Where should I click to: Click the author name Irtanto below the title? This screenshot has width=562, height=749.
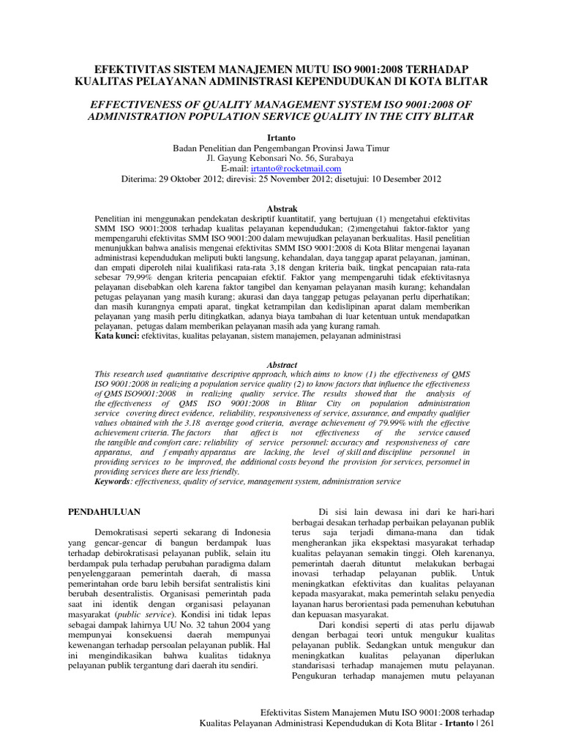click(281, 137)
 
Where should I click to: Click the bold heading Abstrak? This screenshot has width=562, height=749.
click(281, 208)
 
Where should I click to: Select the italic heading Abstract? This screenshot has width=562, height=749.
click(281, 364)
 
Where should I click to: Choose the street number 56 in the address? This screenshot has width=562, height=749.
click(297, 157)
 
